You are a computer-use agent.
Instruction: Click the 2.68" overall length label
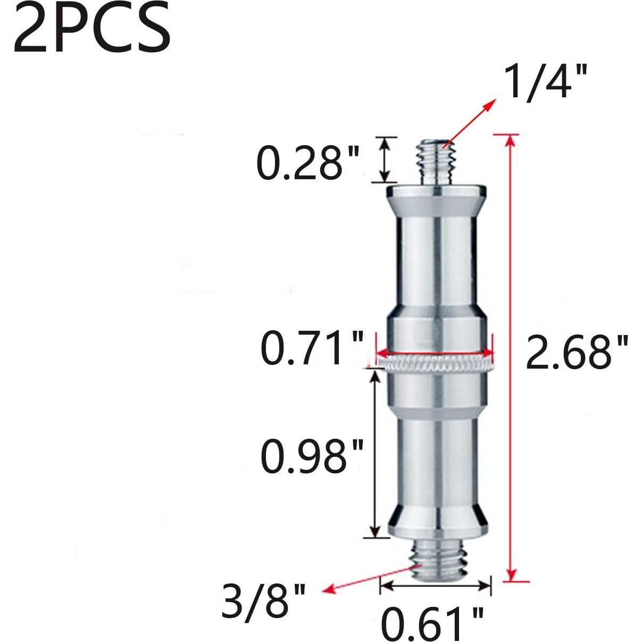(577, 352)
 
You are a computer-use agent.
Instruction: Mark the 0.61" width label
(432, 624)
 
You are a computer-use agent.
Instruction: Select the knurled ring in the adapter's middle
(436, 364)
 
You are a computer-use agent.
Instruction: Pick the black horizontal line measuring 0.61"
(436, 586)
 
